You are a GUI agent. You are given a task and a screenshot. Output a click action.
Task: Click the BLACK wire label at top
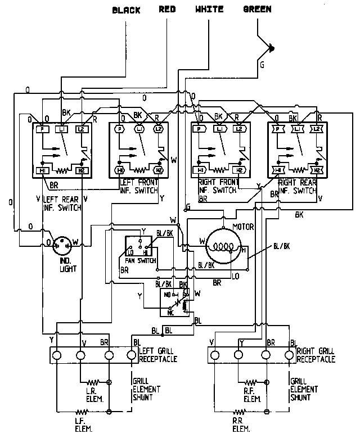pos(127,10)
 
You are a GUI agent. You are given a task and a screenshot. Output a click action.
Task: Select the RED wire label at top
pos(168,10)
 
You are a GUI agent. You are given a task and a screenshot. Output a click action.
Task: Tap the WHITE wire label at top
pos(209,10)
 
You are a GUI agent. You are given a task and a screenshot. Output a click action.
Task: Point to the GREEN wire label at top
pos(257,10)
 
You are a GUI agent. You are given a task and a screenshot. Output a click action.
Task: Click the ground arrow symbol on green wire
pos(272,48)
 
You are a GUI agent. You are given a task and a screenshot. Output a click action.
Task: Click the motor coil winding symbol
pos(224,246)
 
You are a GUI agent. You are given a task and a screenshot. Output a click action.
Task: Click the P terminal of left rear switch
pos(42,129)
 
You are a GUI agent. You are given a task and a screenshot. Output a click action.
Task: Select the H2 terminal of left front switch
pos(159,170)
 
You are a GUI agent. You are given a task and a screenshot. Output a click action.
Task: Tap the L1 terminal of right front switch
pos(219,129)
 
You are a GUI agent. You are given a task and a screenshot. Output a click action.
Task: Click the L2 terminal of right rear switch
pos(317,129)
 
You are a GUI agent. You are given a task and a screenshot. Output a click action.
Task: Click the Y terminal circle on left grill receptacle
pos(56,355)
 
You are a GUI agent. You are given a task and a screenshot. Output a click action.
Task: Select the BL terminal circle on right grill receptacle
pos(290,355)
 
